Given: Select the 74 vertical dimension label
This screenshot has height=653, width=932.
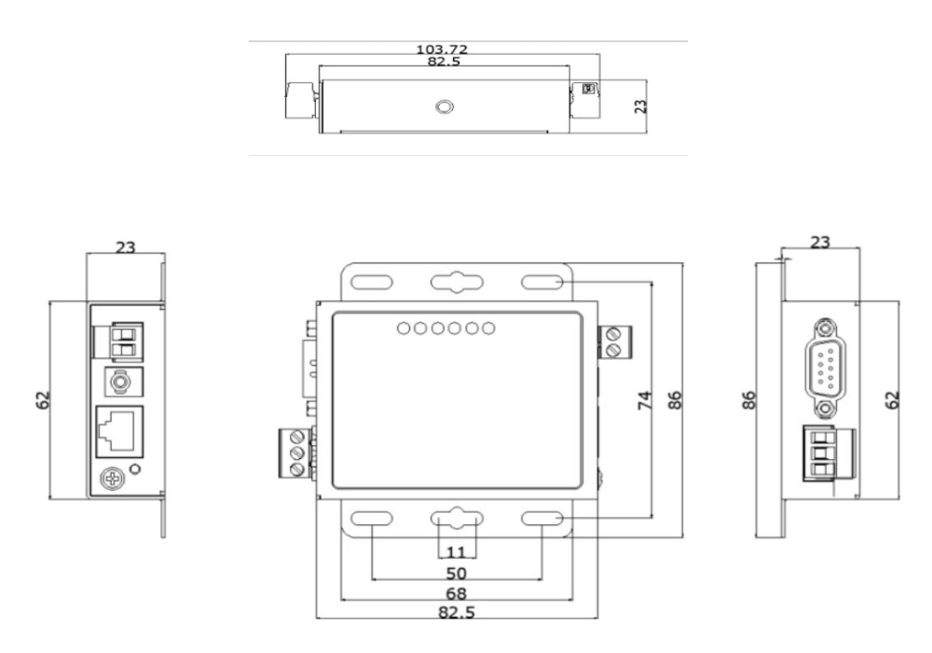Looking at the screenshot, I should pos(643,401).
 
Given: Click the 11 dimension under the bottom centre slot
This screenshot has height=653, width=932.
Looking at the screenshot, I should pos(457,551).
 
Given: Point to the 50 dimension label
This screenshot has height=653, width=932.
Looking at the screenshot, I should pos(457,571).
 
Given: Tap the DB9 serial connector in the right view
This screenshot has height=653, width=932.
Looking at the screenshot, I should pos(825,370).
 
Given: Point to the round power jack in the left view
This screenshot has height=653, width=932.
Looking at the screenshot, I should pos(117,381).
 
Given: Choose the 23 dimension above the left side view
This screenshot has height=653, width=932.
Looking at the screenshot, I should pos(126,247).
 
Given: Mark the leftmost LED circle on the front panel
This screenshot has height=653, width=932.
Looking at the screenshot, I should pos(404,328).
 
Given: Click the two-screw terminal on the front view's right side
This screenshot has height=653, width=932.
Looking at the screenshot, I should pos(613,342).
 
